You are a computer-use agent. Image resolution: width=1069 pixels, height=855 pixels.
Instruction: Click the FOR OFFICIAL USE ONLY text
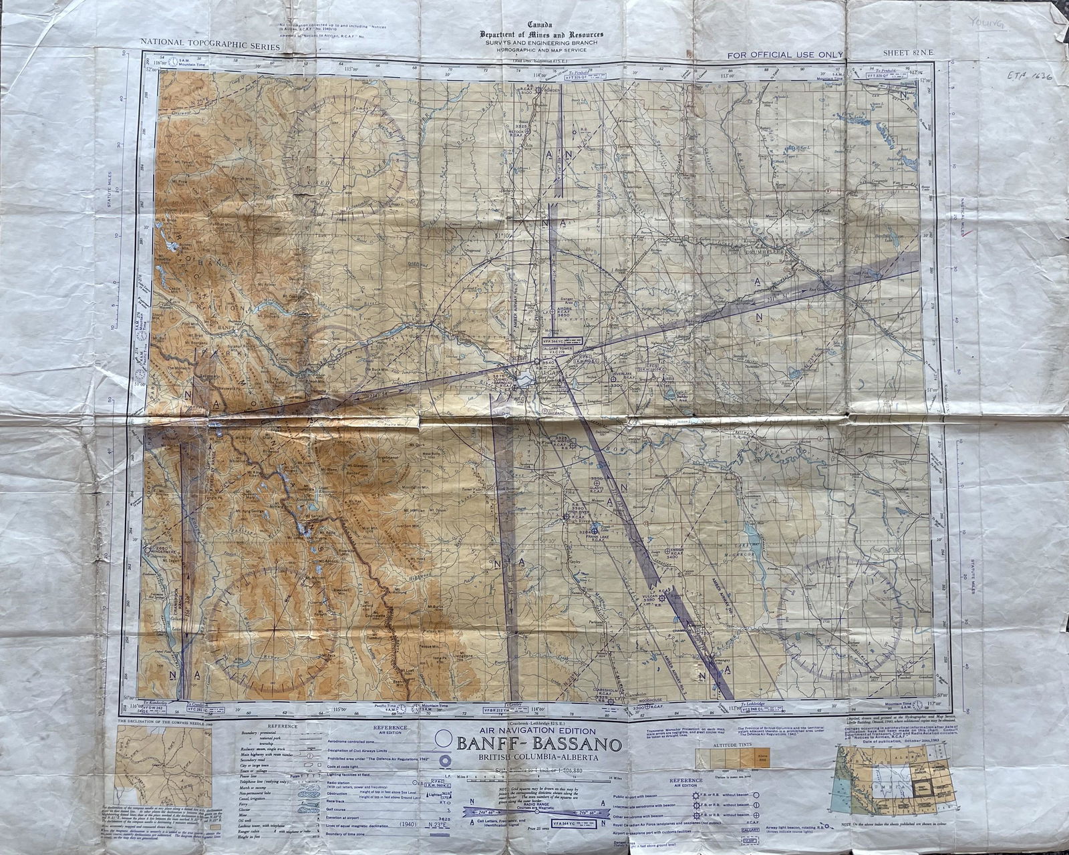point(786,55)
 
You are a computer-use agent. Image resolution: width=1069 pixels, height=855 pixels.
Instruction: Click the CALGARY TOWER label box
point(567,348)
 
